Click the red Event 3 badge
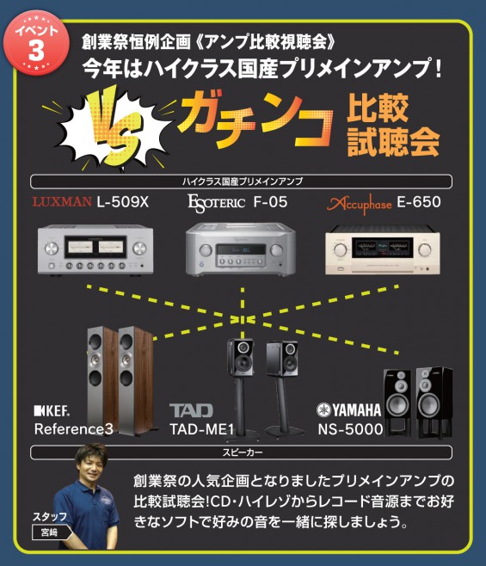click(x=36, y=43)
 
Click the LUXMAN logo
click(x=62, y=201)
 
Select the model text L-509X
click(x=122, y=202)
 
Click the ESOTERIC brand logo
click(x=216, y=204)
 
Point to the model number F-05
click(x=270, y=202)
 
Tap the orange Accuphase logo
click(x=359, y=205)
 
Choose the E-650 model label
click(x=419, y=202)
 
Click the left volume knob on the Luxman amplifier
click(x=52, y=249)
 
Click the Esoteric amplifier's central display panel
click(x=241, y=249)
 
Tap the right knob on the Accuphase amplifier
click(x=425, y=249)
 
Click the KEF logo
click(x=52, y=411)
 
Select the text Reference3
click(x=74, y=429)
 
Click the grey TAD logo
click(x=191, y=411)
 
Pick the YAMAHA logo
click(x=348, y=409)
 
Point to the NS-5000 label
click(x=350, y=429)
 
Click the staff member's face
click(x=91, y=465)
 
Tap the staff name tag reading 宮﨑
click(x=50, y=532)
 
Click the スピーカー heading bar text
click(x=242, y=452)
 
